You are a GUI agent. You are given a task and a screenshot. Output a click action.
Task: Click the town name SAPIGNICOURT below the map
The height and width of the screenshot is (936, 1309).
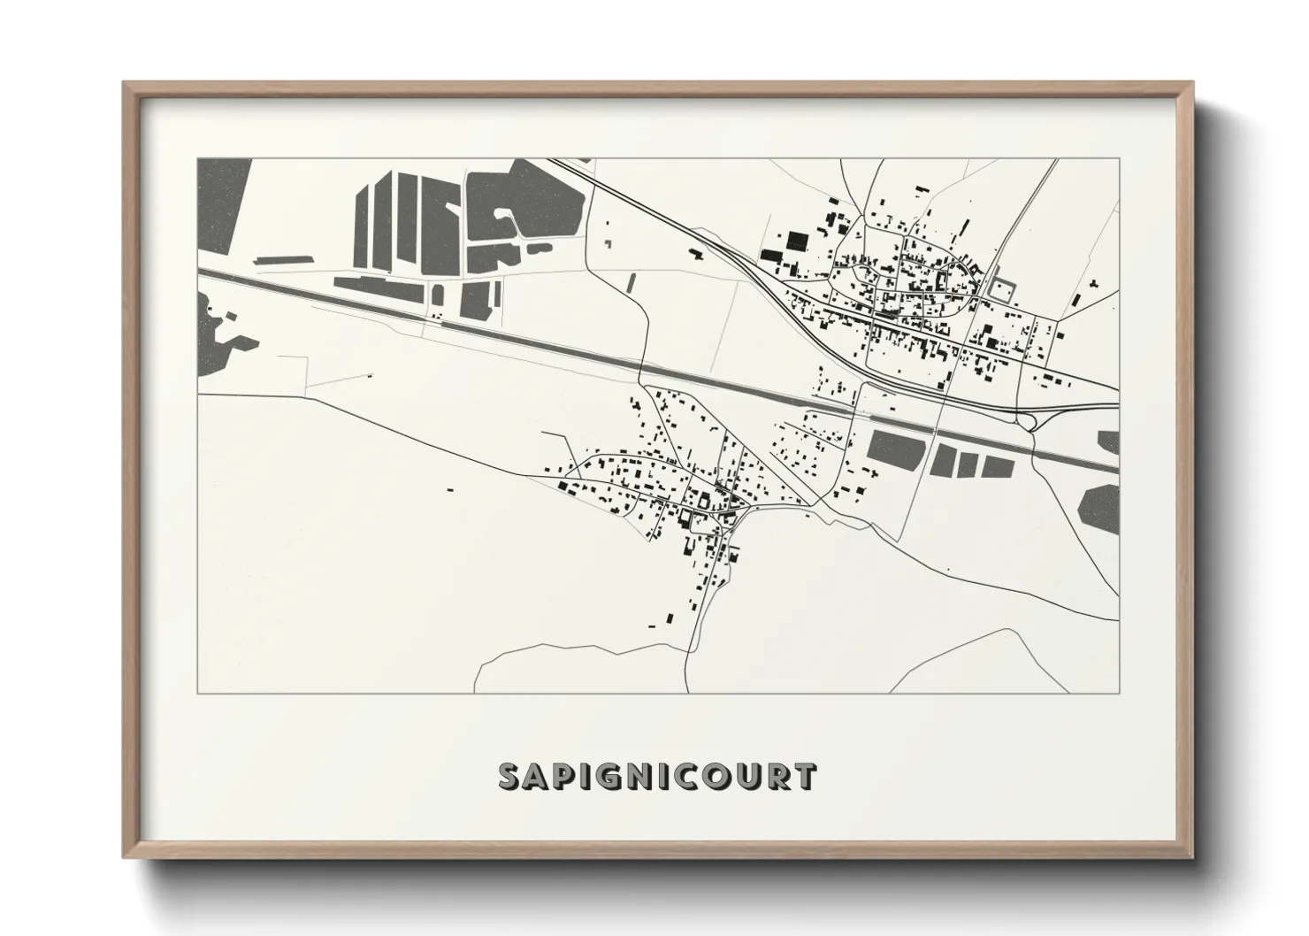pyautogui.click(x=657, y=776)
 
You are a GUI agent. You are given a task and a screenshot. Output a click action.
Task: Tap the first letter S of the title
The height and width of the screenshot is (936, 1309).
pyautogui.click(x=510, y=776)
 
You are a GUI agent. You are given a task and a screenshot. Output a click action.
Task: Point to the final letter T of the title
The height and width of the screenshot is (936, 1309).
pyautogui.click(x=804, y=776)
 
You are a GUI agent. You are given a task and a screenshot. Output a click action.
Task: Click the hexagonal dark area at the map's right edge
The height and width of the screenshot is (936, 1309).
pyautogui.click(x=1099, y=510)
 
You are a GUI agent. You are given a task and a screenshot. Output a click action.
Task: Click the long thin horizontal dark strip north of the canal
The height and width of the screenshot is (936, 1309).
pyautogui.click(x=279, y=260)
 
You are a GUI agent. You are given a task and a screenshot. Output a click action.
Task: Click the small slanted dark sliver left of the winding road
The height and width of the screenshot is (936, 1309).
pyautogui.click(x=631, y=282)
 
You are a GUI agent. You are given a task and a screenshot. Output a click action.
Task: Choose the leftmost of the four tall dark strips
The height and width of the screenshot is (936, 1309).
pyautogui.click(x=364, y=226)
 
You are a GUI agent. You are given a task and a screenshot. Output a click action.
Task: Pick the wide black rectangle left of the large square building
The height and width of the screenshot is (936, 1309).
pyautogui.click(x=771, y=256)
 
